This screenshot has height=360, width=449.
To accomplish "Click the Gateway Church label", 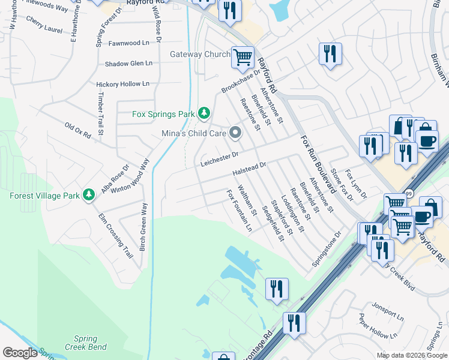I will [200, 55].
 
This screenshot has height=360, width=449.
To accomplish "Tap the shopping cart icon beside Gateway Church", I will [243, 58].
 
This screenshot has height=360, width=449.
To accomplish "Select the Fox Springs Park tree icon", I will [205, 113].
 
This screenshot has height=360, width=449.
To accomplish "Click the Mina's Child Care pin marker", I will [235, 133].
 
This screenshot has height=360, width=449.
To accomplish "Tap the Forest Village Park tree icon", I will [89, 195].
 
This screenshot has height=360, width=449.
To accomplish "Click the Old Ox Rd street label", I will [77, 130].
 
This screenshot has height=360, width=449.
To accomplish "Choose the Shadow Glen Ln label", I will [128, 64].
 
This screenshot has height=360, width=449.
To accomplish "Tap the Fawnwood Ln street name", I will [129, 43].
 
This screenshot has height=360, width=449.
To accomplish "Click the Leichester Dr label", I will [220, 158].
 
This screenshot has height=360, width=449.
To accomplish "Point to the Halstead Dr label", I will [249, 169].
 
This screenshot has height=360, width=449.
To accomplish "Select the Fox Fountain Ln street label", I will [239, 211].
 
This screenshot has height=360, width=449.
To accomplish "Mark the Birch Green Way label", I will [143, 227].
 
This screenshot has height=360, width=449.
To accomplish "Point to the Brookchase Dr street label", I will [241, 82].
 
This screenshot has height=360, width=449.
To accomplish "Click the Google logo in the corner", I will [20, 353].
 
